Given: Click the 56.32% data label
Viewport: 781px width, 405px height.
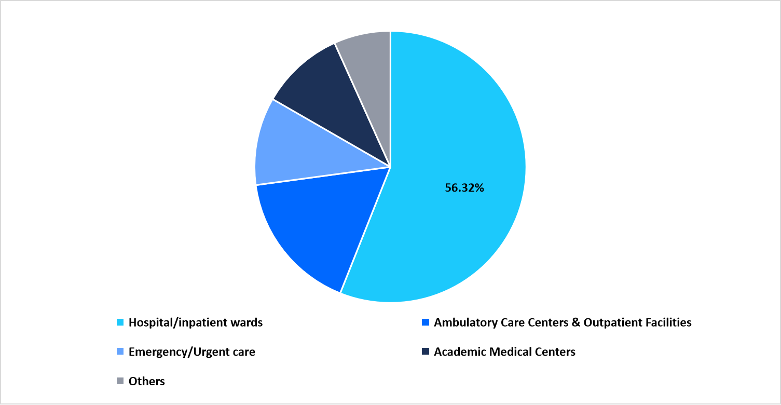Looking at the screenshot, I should coord(464,188).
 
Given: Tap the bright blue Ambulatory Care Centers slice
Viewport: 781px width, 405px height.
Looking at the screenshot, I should coord(311,228).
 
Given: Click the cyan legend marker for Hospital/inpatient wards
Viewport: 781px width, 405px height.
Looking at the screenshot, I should coord(120,322).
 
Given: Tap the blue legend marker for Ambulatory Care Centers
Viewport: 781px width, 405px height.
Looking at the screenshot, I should coord(426,322).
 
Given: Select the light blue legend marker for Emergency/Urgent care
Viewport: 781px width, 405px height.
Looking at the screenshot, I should coord(120,352).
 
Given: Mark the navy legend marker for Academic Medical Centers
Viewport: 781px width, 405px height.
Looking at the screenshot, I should coord(426,352).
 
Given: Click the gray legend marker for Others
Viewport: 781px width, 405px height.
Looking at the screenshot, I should coord(120,381).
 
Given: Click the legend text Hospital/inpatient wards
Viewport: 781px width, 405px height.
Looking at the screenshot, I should coord(196,322).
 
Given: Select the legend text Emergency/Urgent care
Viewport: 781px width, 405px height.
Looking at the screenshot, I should coord(192,352).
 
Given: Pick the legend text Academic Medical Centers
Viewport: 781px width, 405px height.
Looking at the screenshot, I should coord(504,352).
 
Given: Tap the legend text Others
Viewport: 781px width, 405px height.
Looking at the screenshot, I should coord(147,381).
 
